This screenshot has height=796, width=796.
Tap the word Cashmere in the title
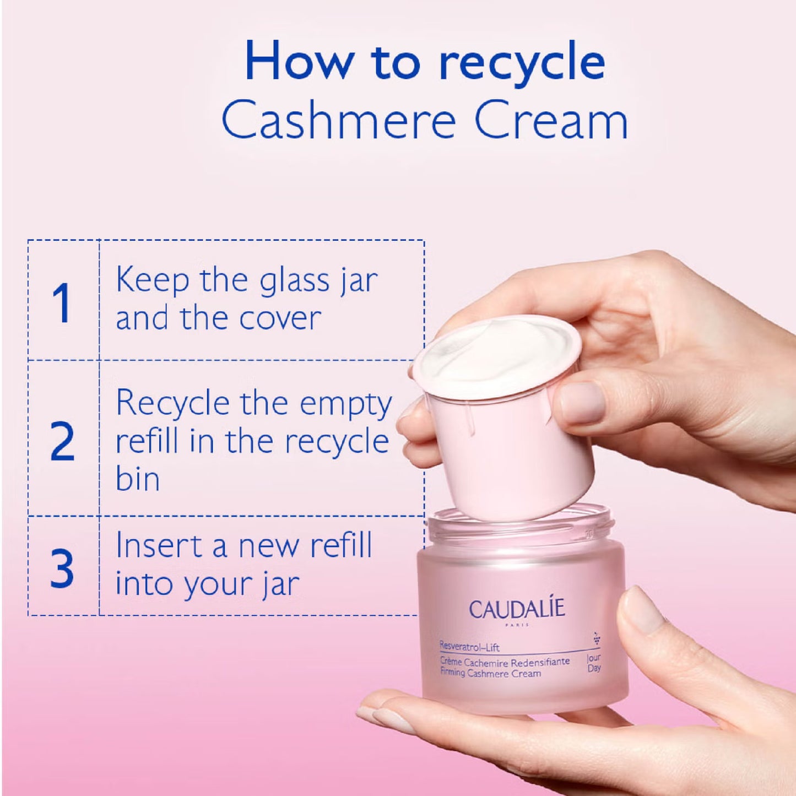[x=338, y=120]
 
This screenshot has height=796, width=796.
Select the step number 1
[x=61, y=302]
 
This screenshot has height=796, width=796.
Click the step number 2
[x=62, y=441]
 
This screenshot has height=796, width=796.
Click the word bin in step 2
[x=137, y=479]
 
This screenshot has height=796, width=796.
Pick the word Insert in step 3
[x=159, y=545]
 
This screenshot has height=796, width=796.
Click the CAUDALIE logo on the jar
[x=517, y=609]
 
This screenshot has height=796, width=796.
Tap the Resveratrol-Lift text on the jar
[x=469, y=646]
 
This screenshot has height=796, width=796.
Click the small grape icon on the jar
[x=596, y=639]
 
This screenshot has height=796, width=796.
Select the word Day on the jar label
[x=594, y=668]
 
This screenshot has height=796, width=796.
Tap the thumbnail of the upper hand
[x=582, y=401]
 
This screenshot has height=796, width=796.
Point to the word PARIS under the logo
[x=517, y=625]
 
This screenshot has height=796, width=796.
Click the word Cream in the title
[x=551, y=120]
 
